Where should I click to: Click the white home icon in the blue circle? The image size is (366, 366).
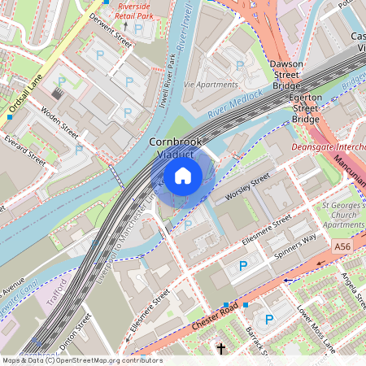(183, 175)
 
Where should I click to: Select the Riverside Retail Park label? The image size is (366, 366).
(134, 9)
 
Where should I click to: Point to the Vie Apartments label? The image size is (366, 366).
(211, 84)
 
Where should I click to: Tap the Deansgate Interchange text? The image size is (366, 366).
(329, 148)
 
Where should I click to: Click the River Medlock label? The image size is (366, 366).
(235, 102)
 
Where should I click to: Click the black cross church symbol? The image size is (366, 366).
(220, 349)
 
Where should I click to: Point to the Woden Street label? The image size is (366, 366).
(59, 122)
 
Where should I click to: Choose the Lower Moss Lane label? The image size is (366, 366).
(316, 329)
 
